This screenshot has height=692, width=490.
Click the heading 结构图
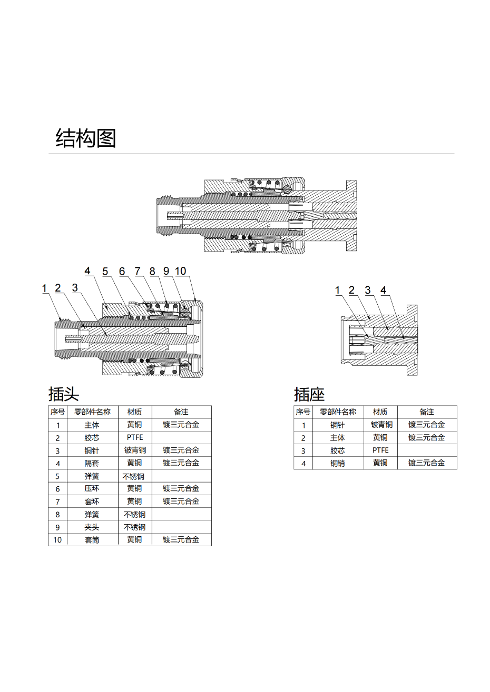tap(86, 138)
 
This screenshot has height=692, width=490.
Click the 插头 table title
tap(64, 394)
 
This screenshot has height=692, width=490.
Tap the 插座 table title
tap(309, 394)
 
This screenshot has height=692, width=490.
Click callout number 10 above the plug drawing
tap(180, 271)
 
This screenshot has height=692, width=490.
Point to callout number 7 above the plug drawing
tap(137, 271)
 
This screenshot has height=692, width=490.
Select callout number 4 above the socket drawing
tap(383, 290)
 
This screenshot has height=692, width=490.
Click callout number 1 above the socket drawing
tap(338, 290)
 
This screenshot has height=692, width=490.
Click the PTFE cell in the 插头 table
tap(135, 437)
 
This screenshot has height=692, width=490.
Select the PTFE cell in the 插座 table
tap(380, 450)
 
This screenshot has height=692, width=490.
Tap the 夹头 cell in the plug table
tap(92, 527)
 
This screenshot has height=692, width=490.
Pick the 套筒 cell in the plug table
tap(92, 540)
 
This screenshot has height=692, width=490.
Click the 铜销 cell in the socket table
tap(338, 463)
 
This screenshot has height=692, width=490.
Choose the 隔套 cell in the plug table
tap(92, 463)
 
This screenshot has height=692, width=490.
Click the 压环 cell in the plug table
tap(92, 488)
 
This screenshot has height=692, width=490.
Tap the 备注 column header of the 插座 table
tap(427, 412)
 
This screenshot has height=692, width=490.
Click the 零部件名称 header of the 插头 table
tap(92, 412)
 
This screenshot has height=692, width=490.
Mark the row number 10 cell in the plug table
tap(57, 540)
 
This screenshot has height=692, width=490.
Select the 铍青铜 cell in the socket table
tap(382, 425)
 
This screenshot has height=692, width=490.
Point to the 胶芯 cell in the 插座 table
tap(338, 450)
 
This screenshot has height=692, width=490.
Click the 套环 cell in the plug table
tap(92, 502)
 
